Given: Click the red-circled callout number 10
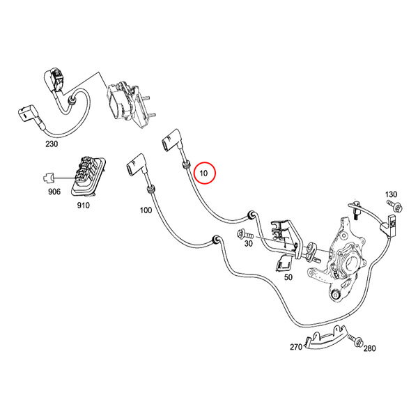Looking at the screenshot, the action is point(203,173).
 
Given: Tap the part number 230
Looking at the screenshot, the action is point(52,144).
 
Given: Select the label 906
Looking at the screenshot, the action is point(54,192).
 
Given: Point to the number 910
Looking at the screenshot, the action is point(83,206).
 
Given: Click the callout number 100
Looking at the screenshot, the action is point(146,210).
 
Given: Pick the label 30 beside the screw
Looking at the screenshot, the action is point(248,243).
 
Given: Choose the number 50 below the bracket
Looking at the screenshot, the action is point(288,277).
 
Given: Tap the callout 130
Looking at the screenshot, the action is point(391,194).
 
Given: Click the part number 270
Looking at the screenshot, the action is point(296,347).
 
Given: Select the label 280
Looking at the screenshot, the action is point(369,348).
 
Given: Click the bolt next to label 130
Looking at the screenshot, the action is point(395,206).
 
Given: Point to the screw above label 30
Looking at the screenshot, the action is point(245,235).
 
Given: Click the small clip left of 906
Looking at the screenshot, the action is point(48,178).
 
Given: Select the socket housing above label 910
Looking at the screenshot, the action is point(88,177).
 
